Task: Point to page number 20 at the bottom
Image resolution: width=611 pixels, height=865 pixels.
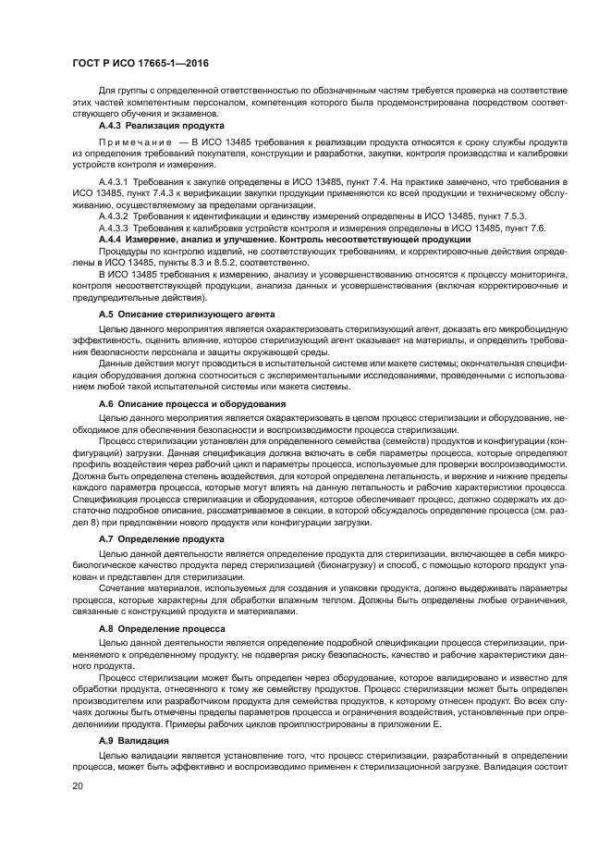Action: (78, 785)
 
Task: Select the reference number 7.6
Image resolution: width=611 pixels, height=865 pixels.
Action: (536, 227)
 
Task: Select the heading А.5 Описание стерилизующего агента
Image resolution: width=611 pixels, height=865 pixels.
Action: (186, 315)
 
